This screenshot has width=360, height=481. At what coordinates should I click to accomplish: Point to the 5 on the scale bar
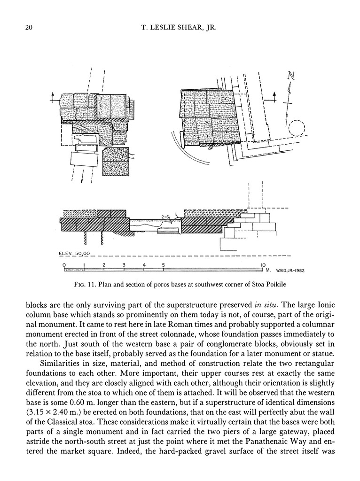click(164, 265)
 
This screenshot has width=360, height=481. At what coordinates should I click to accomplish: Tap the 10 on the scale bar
click(263, 265)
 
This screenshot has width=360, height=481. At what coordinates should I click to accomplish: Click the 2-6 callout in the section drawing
click(165, 217)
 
